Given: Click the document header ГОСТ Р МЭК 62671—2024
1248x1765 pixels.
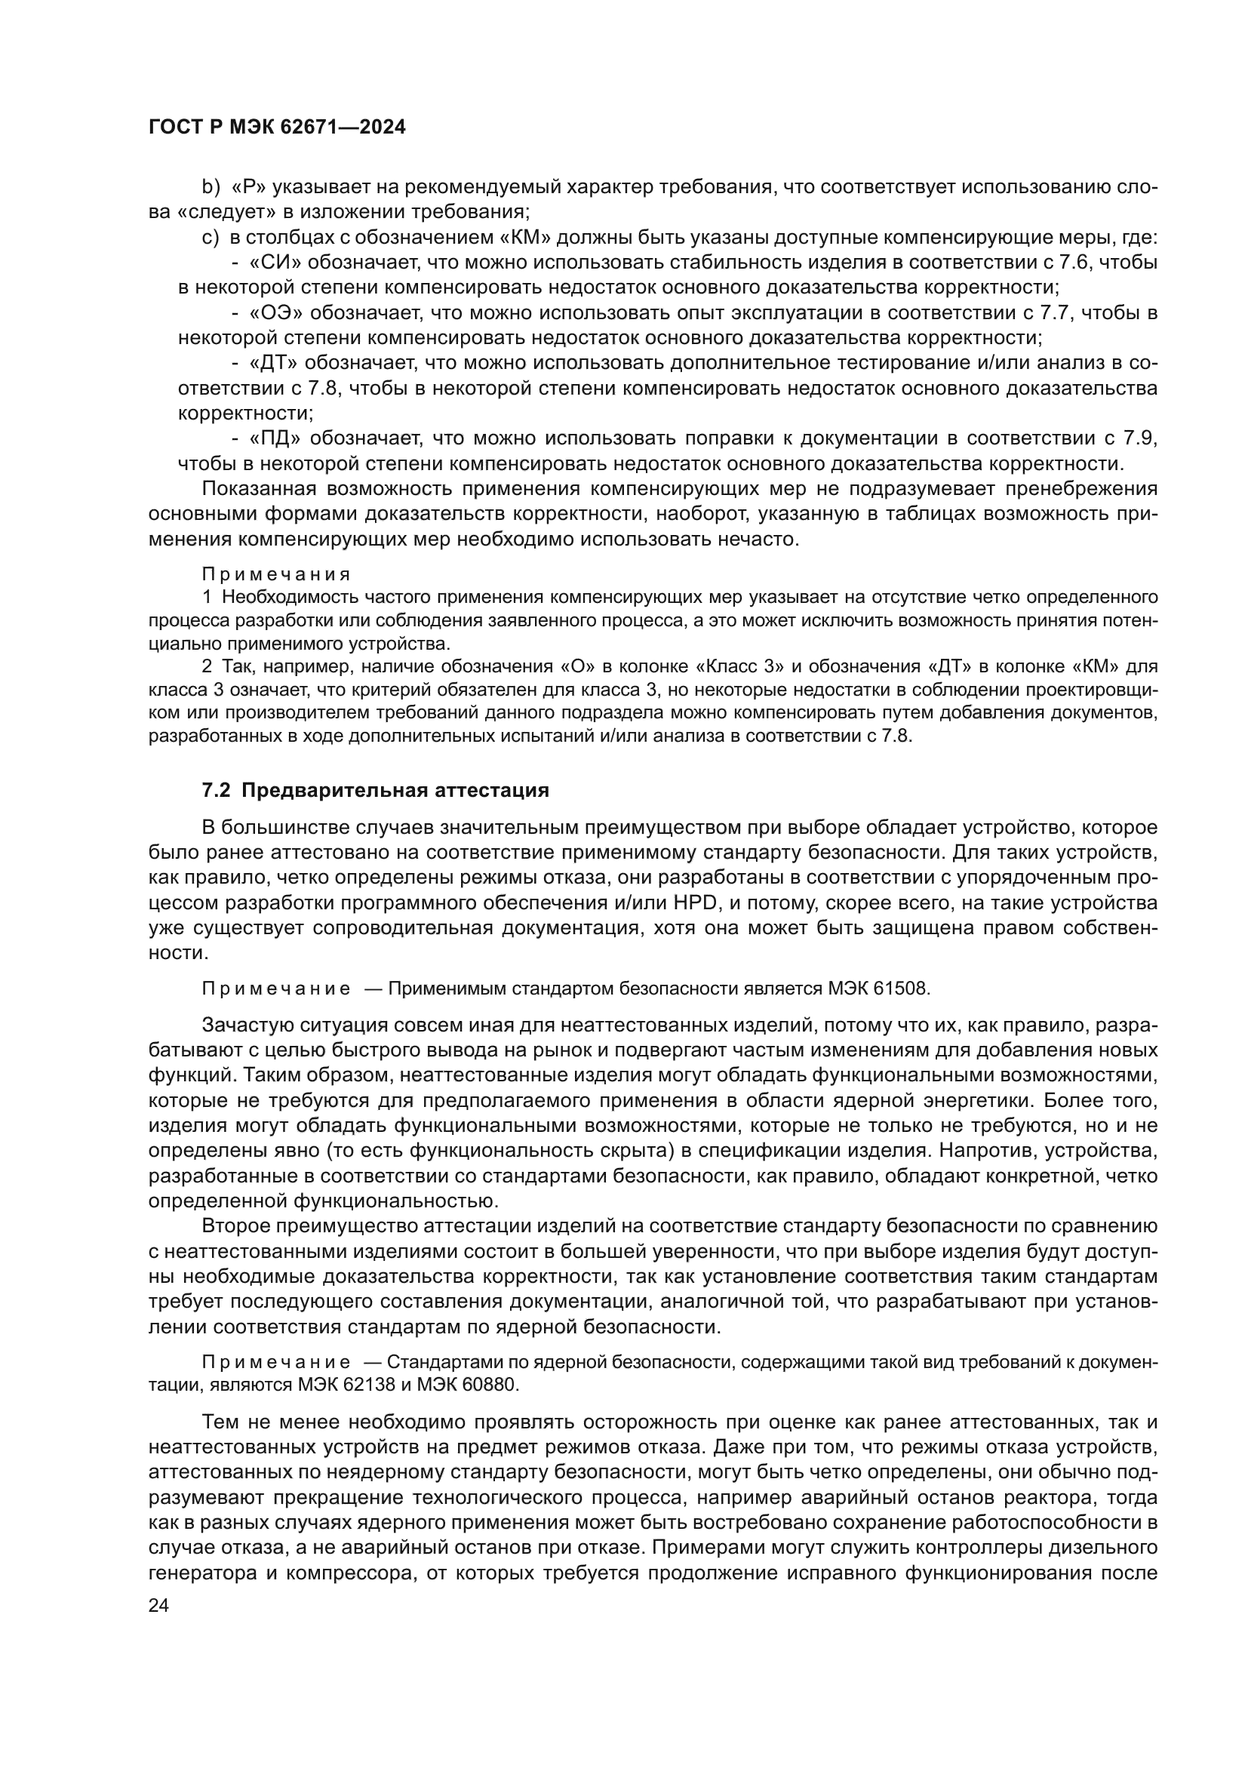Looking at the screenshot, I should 277,128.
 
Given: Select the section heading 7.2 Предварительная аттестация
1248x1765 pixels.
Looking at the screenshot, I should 375,790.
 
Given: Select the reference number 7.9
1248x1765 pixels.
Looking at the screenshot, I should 1140,438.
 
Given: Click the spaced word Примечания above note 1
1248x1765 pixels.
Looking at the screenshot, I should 276,574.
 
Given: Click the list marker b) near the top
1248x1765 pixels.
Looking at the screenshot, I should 211,187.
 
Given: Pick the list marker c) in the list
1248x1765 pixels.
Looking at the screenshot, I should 211,238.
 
